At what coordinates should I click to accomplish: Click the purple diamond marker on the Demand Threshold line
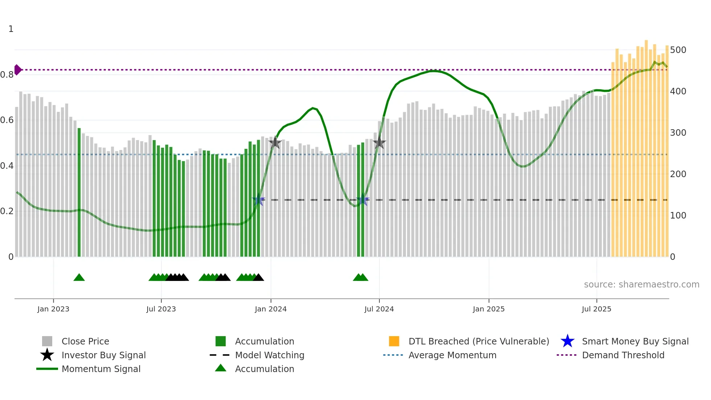(17, 70)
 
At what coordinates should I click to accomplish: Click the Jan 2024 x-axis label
(271, 309)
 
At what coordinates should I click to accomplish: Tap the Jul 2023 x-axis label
(161, 309)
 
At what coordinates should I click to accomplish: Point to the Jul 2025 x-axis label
(596, 309)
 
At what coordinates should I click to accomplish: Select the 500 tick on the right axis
(678, 50)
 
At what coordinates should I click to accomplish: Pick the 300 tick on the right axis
(678, 133)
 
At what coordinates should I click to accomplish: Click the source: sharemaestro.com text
(641, 285)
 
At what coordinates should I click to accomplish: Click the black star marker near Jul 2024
(379, 143)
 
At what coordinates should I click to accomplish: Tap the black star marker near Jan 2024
(275, 143)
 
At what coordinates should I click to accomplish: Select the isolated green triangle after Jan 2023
(79, 278)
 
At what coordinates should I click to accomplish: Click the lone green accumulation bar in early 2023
(79, 192)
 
